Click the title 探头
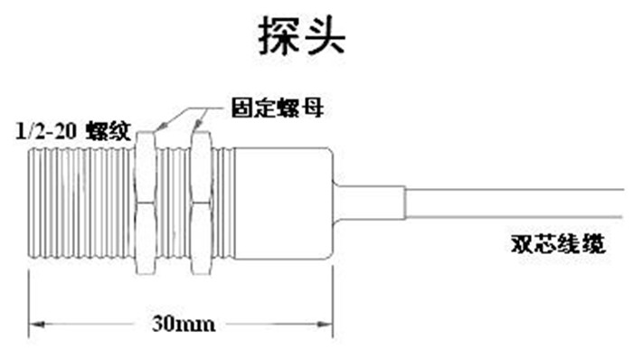pyautogui.click(x=302, y=36)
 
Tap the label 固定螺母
pyautogui.click(x=278, y=108)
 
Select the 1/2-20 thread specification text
pyautogui.click(x=46, y=131)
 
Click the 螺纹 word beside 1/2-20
pyautogui.click(x=109, y=131)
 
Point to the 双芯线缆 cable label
pyautogui.click(x=559, y=244)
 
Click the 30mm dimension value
pyautogui.click(x=184, y=324)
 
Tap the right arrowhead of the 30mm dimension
pyautogui.click(x=325, y=324)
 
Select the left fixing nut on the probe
pyautogui.click(x=145, y=203)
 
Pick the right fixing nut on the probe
pyautogui.click(x=201, y=203)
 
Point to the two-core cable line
pyautogui.click(x=515, y=204)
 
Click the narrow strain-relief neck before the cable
pyautogui.click(x=369, y=203)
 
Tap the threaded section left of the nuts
pyautogui.click(x=81, y=203)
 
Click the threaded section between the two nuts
pyautogui.click(x=174, y=203)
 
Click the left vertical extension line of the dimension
pyautogui.click(x=29, y=304)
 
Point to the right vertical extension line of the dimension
pyautogui.click(x=333, y=302)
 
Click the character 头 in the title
pyautogui.click(x=326, y=36)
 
